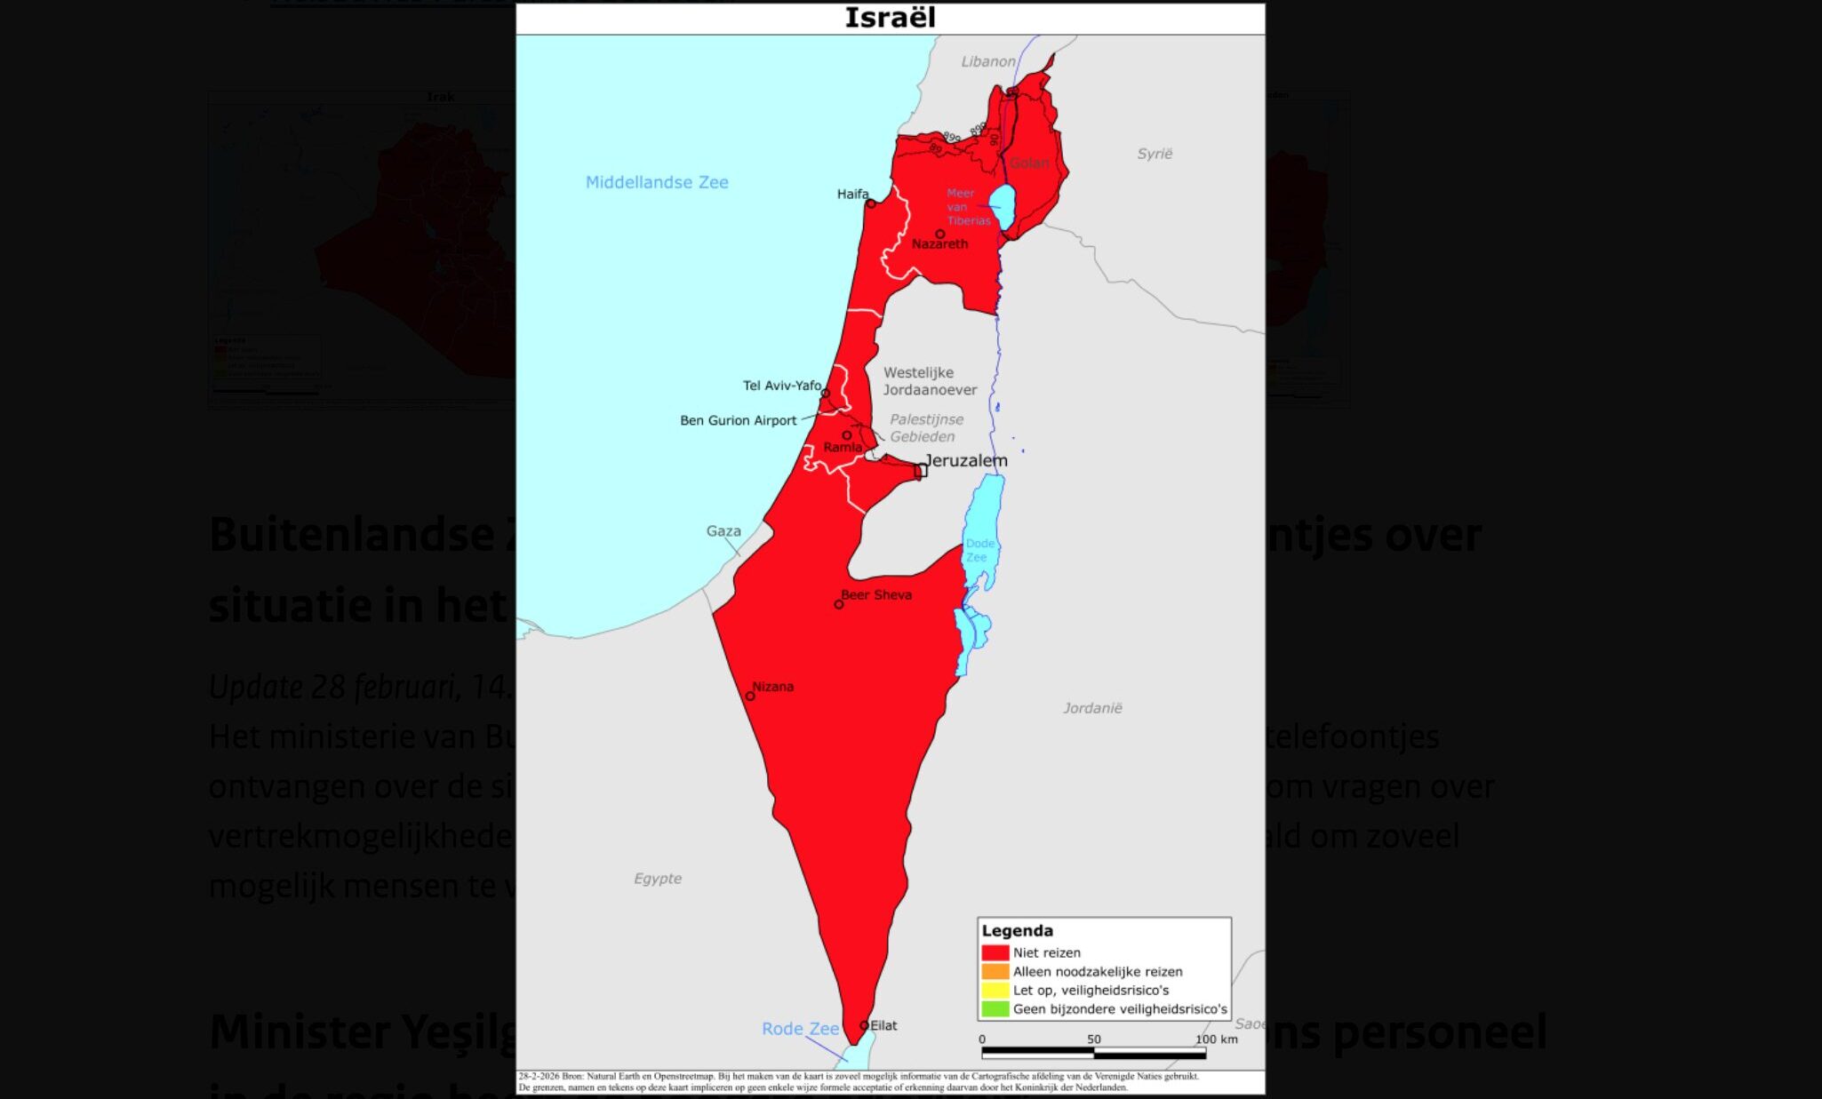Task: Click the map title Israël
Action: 890,18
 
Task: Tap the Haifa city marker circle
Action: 871,204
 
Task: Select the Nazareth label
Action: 939,244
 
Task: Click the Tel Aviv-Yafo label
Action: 782,386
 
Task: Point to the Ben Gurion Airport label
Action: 738,420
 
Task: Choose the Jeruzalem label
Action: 966,460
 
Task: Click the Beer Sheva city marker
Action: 838,604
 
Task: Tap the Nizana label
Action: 772,686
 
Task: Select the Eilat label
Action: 883,1025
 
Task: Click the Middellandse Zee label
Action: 657,182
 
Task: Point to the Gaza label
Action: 723,531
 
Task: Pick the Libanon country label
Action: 987,61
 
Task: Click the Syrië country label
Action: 1155,154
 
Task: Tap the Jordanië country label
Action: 1092,708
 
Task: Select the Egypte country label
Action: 658,879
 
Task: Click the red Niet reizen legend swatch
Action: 995,952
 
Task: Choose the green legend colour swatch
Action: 995,1009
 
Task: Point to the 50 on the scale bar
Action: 1093,1039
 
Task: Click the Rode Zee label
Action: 800,1029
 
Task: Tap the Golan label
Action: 1029,163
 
